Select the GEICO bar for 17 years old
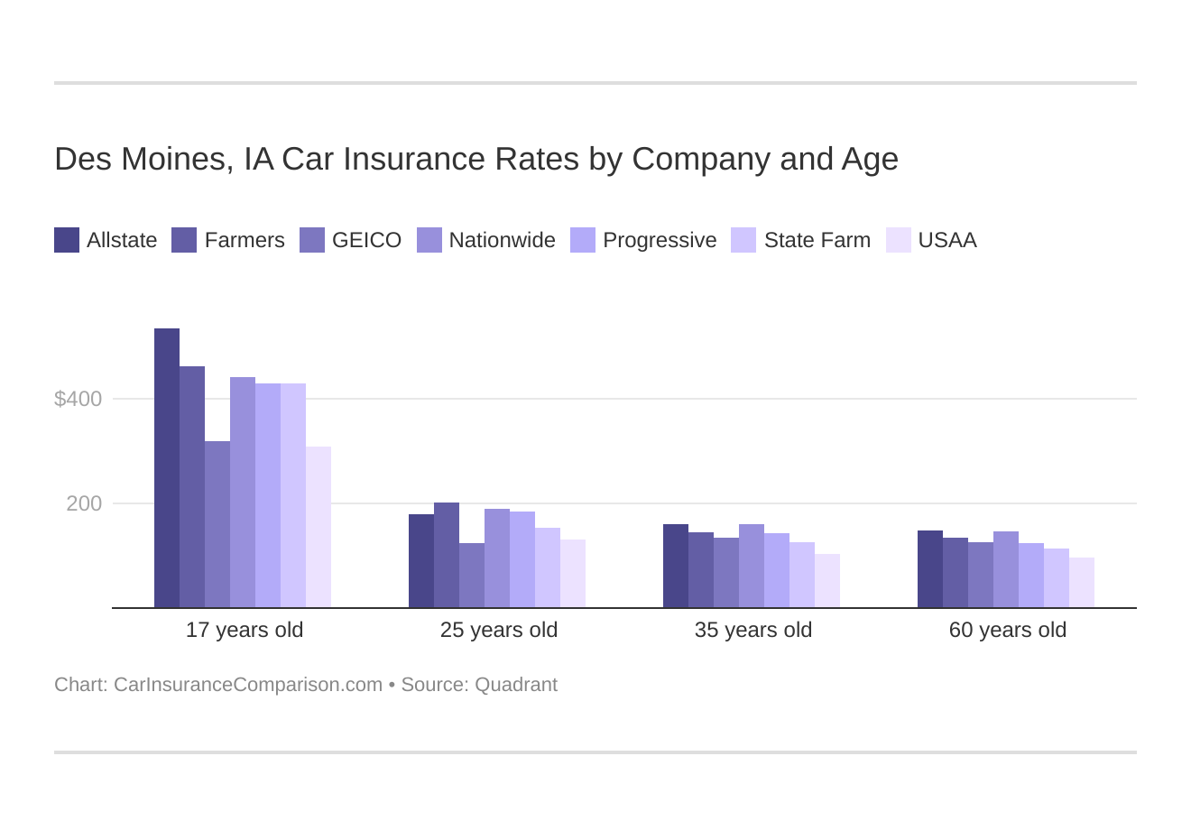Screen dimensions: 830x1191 click(217, 524)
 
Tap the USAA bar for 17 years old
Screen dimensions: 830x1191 click(319, 527)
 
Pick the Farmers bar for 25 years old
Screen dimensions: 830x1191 click(447, 555)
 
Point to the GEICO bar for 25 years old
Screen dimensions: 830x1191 click(472, 576)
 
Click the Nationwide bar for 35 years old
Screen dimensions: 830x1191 click(752, 566)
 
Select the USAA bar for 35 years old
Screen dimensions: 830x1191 click(827, 581)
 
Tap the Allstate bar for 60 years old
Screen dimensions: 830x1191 click(930, 569)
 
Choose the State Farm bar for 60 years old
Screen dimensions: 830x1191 click(1057, 578)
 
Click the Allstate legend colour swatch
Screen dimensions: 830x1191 click(67, 240)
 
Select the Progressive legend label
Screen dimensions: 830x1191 click(660, 240)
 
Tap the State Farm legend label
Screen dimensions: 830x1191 click(817, 240)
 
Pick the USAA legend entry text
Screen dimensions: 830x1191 click(947, 240)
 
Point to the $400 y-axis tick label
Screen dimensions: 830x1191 click(78, 399)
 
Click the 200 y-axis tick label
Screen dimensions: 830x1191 click(84, 503)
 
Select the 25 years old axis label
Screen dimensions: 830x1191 click(499, 630)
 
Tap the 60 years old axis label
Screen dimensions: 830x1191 click(1008, 630)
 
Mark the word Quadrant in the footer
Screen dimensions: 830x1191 click(516, 685)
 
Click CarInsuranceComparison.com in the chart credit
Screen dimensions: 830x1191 click(248, 685)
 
